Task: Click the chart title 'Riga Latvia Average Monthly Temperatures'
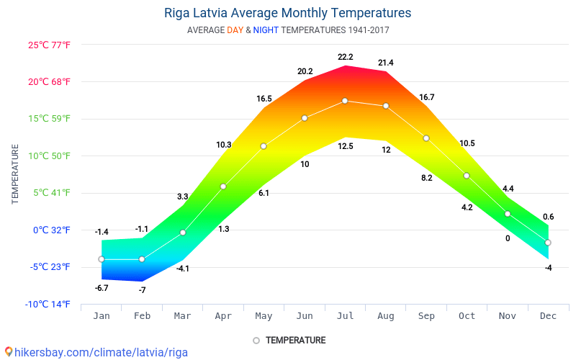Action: point(288,13)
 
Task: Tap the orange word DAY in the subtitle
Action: point(235,30)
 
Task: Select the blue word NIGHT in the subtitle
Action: point(266,30)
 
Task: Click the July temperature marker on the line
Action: point(345,101)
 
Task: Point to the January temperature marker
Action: point(102,259)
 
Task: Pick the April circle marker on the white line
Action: point(223,186)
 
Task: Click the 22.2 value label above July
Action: point(345,57)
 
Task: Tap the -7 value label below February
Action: point(142,290)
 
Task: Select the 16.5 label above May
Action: point(264,99)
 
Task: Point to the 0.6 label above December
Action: point(548,217)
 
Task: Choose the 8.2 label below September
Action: point(426,178)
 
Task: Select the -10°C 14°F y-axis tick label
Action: point(48,304)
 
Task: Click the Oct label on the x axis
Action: point(467,315)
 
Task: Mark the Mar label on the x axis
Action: point(182,315)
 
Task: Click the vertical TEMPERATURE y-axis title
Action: point(16,174)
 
